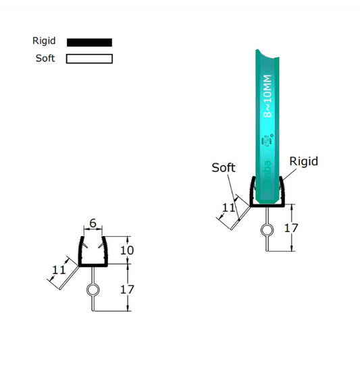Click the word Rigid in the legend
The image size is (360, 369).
[x=45, y=41]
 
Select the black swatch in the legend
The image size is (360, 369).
[x=89, y=42]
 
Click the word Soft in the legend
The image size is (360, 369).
[x=45, y=58]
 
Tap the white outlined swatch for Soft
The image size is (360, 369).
[x=89, y=59]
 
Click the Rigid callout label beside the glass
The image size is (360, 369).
[x=303, y=161]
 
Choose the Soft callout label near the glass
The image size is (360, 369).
[x=223, y=167]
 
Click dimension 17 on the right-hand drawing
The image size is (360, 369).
[x=291, y=228]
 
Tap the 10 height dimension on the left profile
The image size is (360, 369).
[x=127, y=250]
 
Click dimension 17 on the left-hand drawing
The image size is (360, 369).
[x=127, y=289]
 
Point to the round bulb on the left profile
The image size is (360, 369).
[x=93, y=291]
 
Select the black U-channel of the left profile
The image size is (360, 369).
[x=93, y=263]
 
